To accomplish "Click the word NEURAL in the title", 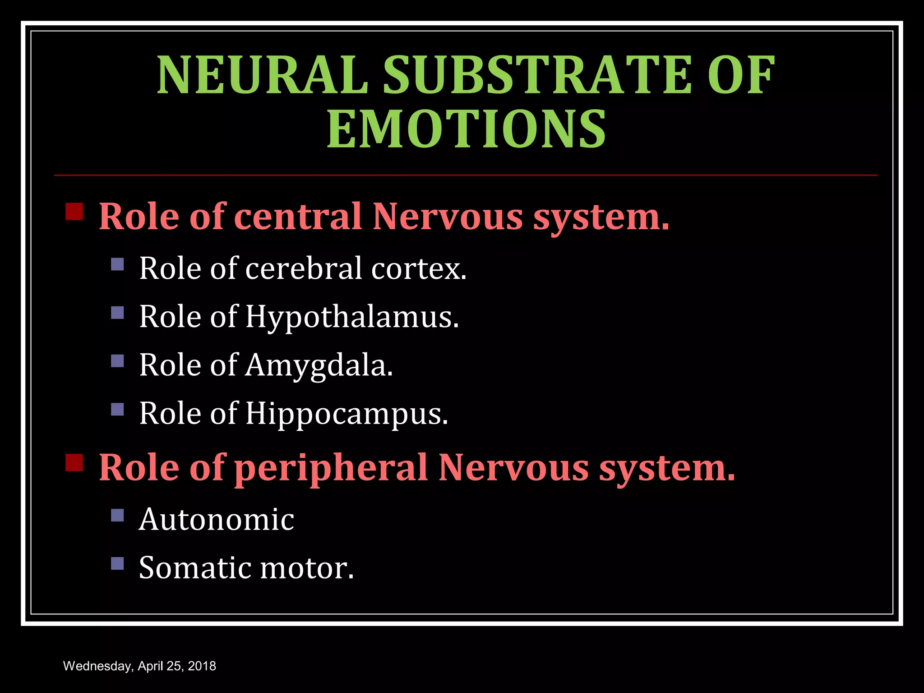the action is [262, 75].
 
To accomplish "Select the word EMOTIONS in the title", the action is [466, 129].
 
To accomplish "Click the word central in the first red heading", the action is [298, 216].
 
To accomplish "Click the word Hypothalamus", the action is [352, 317].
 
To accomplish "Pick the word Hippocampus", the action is [346, 414].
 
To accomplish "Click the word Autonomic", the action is [217, 519].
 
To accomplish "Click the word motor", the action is [307, 568].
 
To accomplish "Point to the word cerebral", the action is [304, 268].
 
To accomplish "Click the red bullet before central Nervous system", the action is [74, 211].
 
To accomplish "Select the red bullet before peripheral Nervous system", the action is [74, 462].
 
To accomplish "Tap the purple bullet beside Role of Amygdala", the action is [117, 360].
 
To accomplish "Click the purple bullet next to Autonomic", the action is [117, 515].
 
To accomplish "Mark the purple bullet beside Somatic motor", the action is [117, 563].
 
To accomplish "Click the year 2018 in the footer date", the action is [202, 666].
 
